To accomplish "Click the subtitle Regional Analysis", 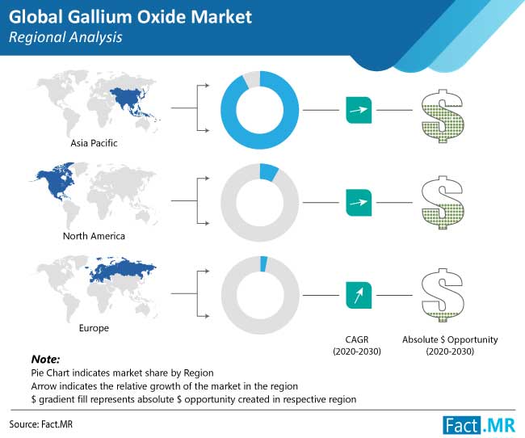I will (x=64, y=37).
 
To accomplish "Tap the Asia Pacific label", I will (x=93, y=143).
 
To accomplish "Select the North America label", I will (x=93, y=237).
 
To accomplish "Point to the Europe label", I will (x=93, y=328).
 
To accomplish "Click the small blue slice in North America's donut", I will (x=270, y=171).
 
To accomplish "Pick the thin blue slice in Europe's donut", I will (x=263, y=263).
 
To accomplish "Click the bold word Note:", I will (x=45, y=358).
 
